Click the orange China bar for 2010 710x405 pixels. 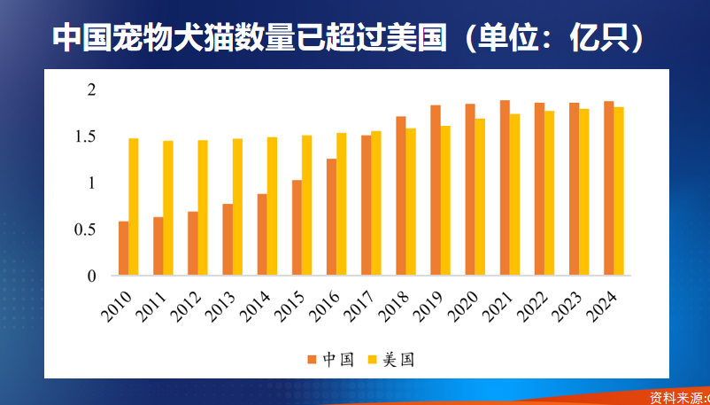[x=123, y=249]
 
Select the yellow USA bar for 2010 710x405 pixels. [x=134, y=207]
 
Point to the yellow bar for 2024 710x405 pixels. [x=619, y=191]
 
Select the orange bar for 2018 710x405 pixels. [x=401, y=197]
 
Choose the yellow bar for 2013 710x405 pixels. [x=237, y=207]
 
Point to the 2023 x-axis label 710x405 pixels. [x=567, y=307]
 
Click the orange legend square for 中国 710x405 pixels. [x=312, y=359]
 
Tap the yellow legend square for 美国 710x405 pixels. [x=373, y=359]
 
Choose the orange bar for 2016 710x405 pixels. [x=332, y=218]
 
